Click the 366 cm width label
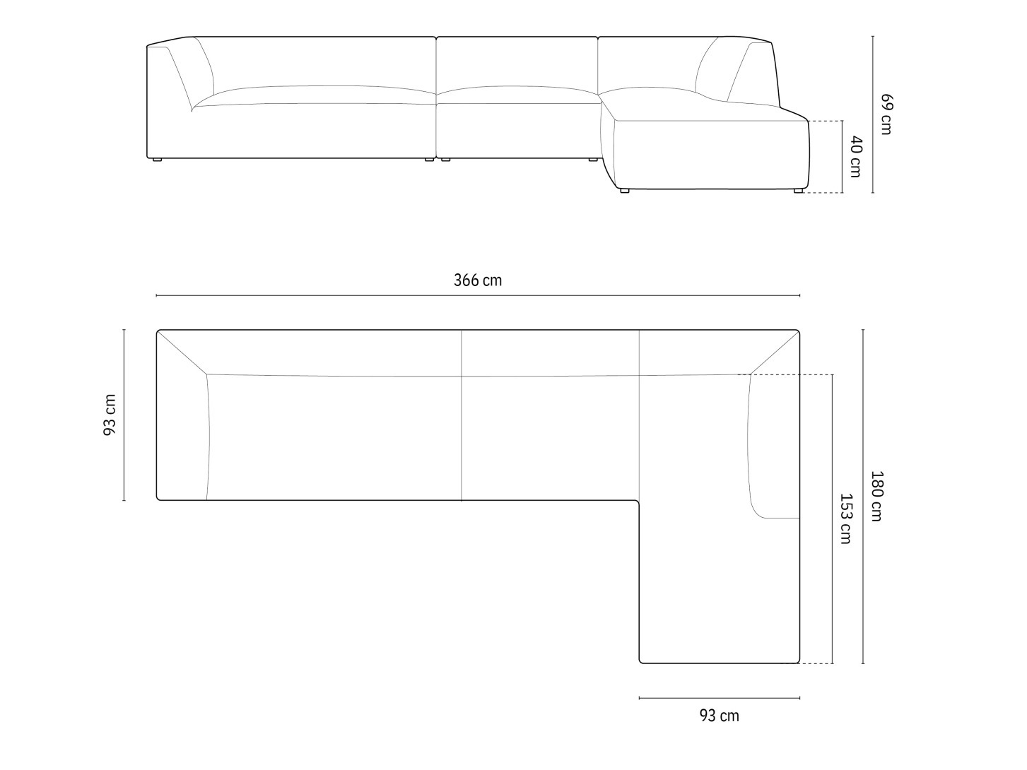coord(478,280)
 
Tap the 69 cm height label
coord(886,114)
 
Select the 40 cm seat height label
coord(856,157)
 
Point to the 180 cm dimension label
coord(876,496)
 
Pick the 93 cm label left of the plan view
coord(110,415)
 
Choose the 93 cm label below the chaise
coord(719,716)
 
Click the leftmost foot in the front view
coord(157,160)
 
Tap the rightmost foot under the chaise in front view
coord(798,191)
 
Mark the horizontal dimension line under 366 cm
coord(478,295)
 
